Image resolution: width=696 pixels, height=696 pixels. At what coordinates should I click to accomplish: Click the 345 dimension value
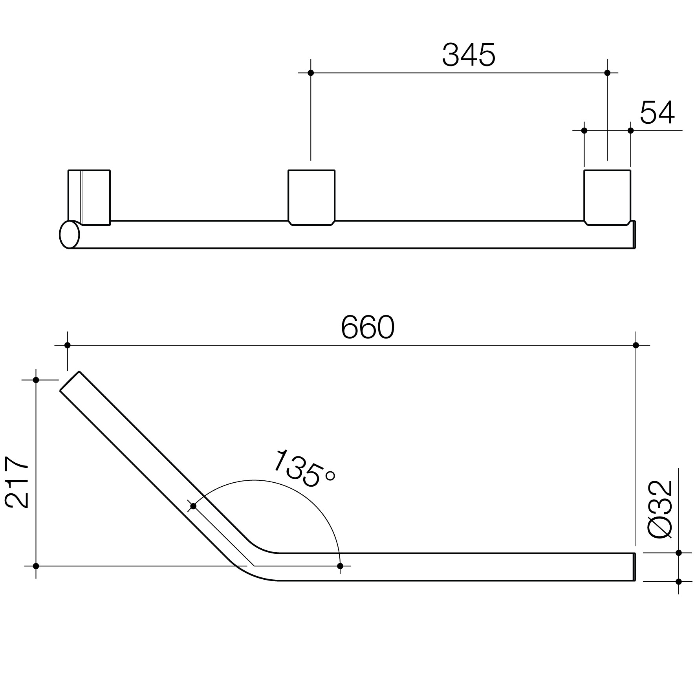(x=469, y=55)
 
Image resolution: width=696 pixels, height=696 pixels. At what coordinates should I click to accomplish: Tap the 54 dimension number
(x=657, y=113)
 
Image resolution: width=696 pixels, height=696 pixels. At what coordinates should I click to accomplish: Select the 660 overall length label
(x=368, y=327)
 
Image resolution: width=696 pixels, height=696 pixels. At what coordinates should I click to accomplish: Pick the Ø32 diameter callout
(x=661, y=509)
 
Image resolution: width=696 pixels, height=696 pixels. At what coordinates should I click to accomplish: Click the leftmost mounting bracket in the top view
(x=89, y=198)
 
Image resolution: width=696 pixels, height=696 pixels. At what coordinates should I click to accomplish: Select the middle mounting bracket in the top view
(x=311, y=198)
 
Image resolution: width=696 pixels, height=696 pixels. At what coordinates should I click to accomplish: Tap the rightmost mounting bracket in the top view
(x=607, y=198)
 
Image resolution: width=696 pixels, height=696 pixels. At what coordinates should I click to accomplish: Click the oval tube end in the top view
(x=70, y=234)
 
